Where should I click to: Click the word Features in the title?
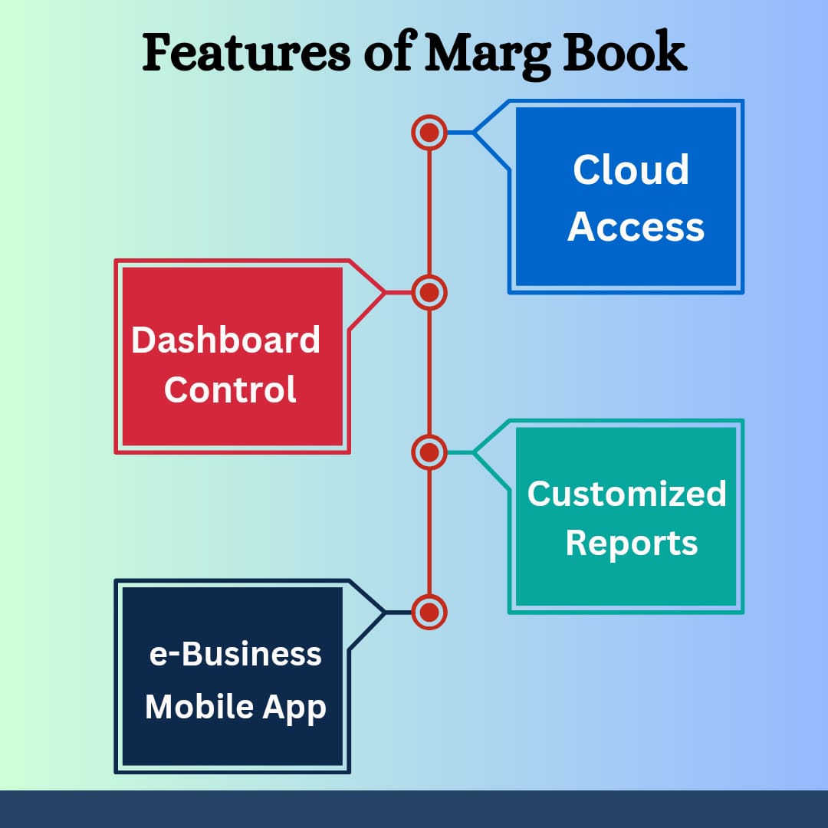(246, 52)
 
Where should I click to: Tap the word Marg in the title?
(488, 55)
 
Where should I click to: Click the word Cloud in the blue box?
(631, 169)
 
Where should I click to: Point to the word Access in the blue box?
(636, 226)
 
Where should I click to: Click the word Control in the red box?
(230, 389)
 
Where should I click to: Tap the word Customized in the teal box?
(627, 494)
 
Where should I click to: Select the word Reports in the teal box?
(632, 544)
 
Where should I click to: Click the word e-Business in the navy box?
(235, 654)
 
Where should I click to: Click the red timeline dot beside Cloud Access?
(429, 133)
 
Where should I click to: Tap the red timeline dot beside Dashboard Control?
(429, 293)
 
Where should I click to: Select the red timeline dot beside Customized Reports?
(429, 452)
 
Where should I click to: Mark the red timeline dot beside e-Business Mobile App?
(429, 613)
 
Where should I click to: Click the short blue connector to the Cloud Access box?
(461, 133)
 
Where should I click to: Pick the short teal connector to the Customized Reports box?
(461, 452)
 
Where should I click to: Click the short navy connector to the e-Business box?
(398, 613)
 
